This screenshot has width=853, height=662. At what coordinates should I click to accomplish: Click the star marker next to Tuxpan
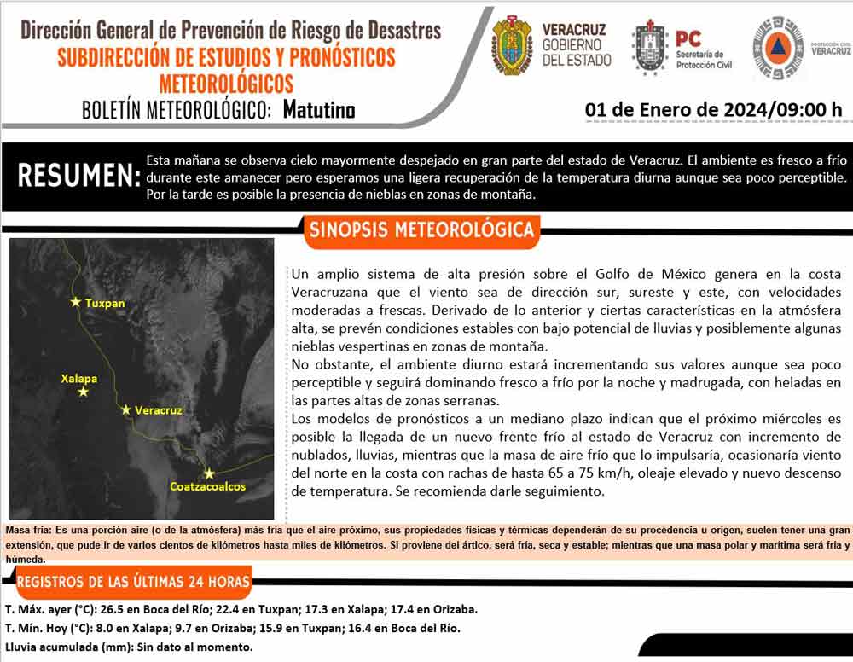point(76,302)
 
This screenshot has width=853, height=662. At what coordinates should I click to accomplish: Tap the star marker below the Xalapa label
point(83,392)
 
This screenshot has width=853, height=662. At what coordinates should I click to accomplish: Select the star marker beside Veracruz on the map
point(125,410)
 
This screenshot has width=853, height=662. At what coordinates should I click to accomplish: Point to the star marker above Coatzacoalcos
point(208,473)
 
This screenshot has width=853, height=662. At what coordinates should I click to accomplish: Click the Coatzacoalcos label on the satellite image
point(207,487)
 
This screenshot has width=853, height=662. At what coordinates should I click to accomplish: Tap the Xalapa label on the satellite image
point(78,378)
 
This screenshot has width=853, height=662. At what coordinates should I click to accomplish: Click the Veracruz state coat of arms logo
point(512,44)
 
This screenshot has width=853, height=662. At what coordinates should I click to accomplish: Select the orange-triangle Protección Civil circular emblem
point(777,48)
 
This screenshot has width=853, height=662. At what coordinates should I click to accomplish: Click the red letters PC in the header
point(688,38)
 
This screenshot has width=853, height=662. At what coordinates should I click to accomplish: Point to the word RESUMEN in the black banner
point(78,176)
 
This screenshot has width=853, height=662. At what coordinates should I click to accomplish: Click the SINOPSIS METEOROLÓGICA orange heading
point(421,230)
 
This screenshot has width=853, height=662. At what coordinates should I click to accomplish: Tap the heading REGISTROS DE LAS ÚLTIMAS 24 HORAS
point(133,582)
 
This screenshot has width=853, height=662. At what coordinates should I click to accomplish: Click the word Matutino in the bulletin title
point(319,110)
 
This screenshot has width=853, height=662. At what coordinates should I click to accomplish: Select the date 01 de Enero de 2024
point(676,110)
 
